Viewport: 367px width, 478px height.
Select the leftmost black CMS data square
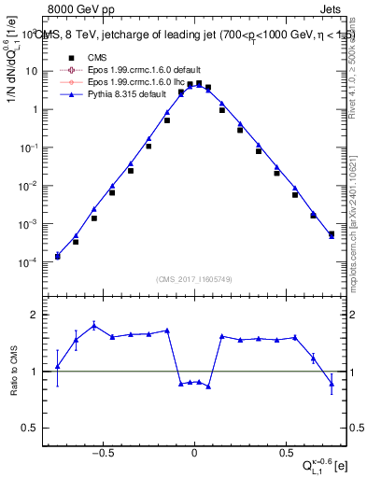click(58, 256)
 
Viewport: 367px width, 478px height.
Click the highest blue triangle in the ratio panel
click(94, 325)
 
